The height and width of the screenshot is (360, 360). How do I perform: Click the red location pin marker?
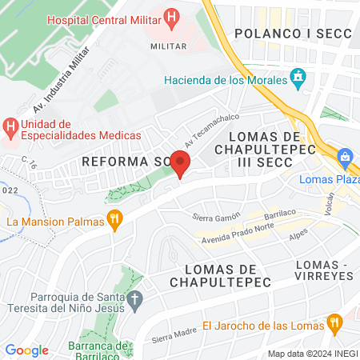tap(181, 164)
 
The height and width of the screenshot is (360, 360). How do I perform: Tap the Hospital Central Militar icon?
tap(170, 17)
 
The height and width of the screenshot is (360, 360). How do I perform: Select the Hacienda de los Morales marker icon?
tap(298, 79)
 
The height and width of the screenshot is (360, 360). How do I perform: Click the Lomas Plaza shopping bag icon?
tap(346, 158)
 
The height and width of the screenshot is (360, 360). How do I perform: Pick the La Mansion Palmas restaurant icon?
tap(116, 220)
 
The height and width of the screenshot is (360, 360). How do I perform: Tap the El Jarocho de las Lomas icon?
tap(334, 324)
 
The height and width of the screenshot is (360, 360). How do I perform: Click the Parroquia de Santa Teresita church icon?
tap(135, 301)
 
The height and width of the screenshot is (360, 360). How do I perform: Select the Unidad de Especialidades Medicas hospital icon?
tap(10, 126)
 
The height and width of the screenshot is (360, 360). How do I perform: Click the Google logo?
tap(26, 350)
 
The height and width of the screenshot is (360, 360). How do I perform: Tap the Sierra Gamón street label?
tap(216, 217)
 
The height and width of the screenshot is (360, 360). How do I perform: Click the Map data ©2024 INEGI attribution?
tap(311, 353)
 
